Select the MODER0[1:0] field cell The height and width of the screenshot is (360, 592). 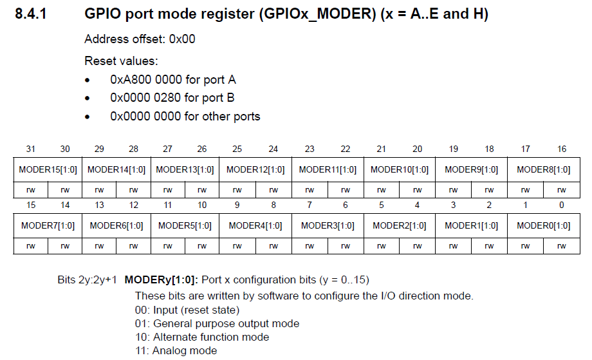click(543, 225)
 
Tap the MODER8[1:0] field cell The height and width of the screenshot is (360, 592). click(543, 170)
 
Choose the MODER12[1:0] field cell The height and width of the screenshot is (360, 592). click(255, 170)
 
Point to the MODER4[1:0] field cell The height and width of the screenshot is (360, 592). click(255, 225)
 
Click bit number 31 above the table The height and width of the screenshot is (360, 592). click(30, 149)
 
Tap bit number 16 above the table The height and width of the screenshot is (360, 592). click(562, 149)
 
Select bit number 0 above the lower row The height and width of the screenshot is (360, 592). click(562, 205)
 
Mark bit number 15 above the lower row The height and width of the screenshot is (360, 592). click(30, 205)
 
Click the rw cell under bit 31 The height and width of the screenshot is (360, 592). click(30, 190)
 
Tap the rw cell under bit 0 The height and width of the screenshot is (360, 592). click(562, 245)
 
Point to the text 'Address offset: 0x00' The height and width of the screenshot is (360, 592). click(140, 39)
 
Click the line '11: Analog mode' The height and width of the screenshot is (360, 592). click(176, 351)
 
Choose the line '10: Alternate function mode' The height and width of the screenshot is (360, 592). click(201, 337)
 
